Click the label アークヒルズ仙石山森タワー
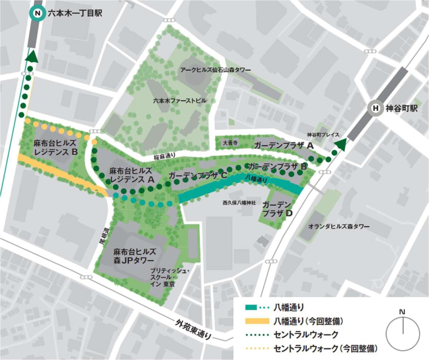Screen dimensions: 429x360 point(211,70)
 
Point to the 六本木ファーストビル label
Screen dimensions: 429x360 point(179,101)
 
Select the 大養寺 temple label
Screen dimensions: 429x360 point(228,142)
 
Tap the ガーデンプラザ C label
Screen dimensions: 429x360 point(198,176)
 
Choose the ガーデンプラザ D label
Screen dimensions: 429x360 point(277,209)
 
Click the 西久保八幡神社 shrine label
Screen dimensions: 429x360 point(239,203)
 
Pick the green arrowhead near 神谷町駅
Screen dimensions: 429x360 point(341,144)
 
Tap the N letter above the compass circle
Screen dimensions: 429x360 point(403,312)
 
